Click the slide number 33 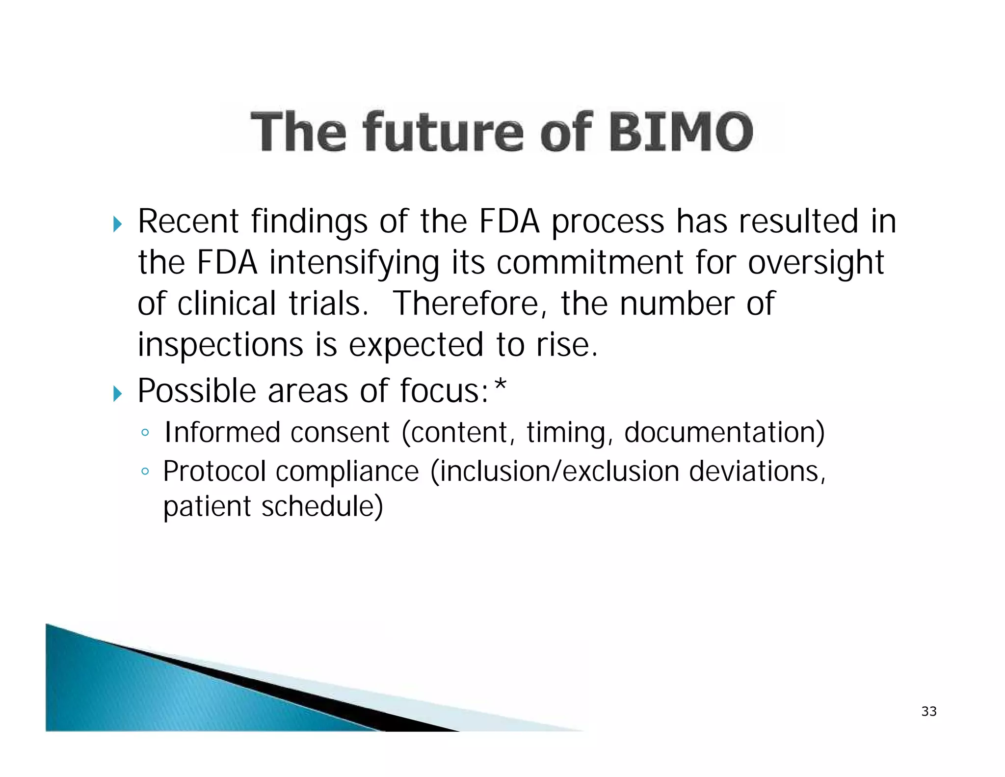[x=929, y=711]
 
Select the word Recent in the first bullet [x=188, y=221]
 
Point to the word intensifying [x=354, y=263]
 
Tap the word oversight [x=816, y=263]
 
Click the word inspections [x=220, y=345]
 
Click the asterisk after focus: [x=500, y=387]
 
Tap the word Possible [x=197, y=391]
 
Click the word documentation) [x=724, y=432]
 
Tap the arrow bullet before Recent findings [x=117, y=224]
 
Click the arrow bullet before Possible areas [x=117, y=393]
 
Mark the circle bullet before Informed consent [x=144, y=433]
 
